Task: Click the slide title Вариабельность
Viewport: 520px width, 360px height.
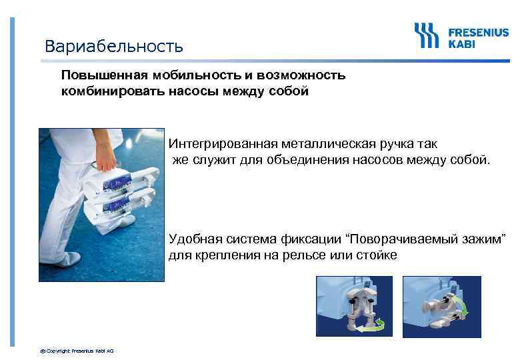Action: coord(113,46)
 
